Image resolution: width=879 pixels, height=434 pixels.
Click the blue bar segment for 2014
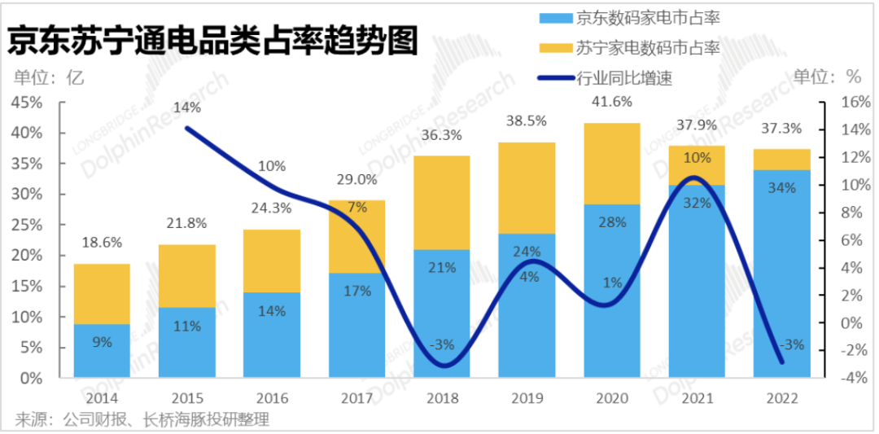point(102,351)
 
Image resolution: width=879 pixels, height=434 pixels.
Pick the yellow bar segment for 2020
point(612,164)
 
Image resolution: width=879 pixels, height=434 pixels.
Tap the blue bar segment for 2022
point(782,274)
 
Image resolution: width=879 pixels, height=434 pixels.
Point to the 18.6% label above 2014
point(102,243)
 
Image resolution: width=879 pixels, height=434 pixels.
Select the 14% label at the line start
point(187,107)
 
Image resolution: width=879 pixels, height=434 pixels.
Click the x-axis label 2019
point(527,398)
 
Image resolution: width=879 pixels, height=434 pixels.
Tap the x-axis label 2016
point(272,398)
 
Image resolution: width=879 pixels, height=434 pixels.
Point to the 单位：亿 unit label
point(49,77)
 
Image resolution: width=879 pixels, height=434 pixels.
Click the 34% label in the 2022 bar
point(782,188)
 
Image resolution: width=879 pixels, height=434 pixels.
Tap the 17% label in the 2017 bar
point(356,290)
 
